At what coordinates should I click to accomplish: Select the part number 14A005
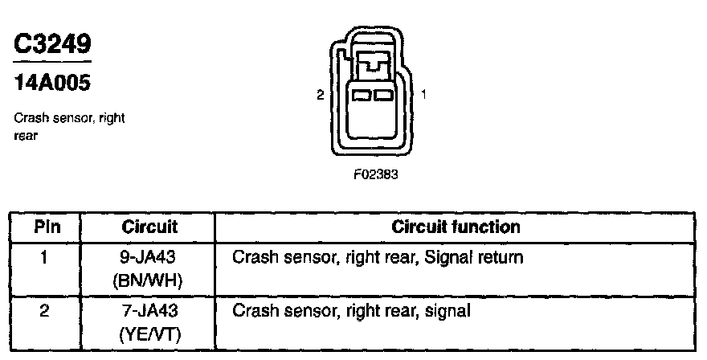[x=51, y=82]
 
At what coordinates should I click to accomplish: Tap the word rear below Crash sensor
[x=27, y=135]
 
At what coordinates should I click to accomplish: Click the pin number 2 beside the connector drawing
[x=320, y=95]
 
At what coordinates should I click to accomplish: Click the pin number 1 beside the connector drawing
[x=423, y=95]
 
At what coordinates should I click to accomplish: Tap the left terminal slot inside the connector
[x=362, y=95]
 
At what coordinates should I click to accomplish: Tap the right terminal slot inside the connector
[x=382, y=95]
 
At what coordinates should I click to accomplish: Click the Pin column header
[x=47, y=227]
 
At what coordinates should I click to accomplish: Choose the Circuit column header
[x=149, y=227]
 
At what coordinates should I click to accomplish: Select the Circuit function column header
[x=456, y=227]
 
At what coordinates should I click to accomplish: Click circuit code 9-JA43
[x=149, y=259]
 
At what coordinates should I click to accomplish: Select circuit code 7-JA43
[x=149, y=309]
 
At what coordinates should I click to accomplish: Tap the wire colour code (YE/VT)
[x=149, y=333]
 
